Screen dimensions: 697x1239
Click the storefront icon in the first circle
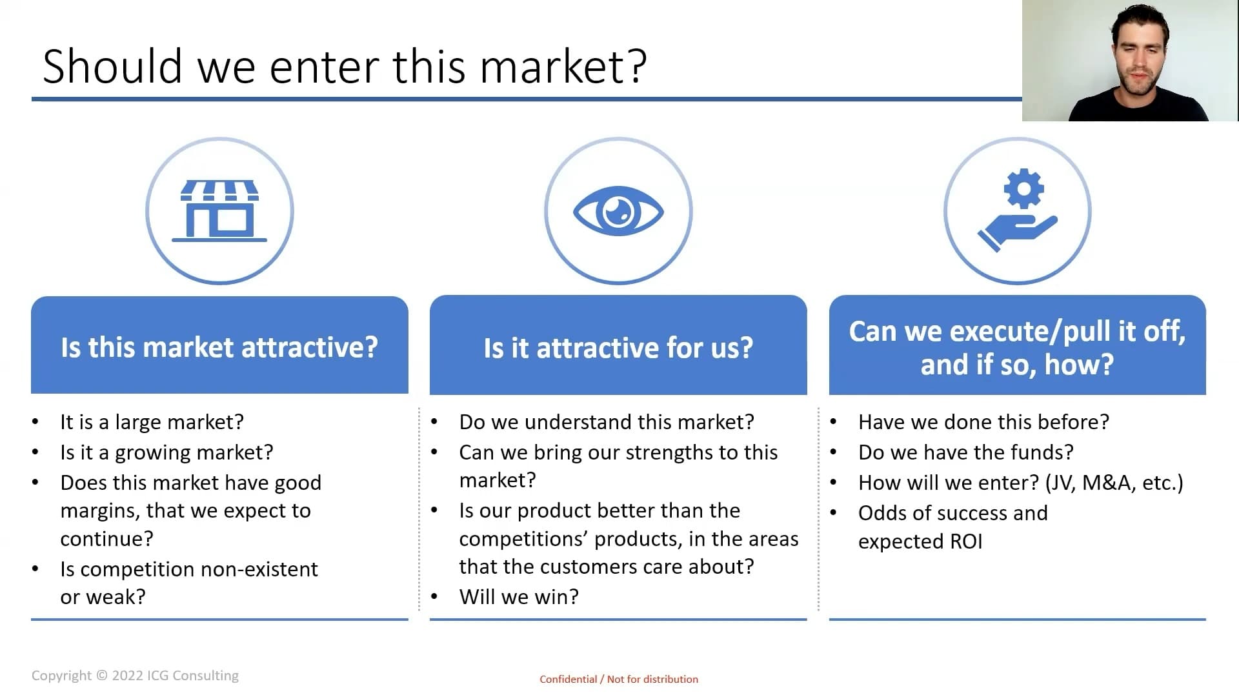219,211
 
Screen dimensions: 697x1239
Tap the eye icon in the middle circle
618,211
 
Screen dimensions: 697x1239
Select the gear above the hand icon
1023,188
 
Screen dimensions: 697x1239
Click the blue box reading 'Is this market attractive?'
219,346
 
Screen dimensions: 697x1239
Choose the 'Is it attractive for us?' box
618,347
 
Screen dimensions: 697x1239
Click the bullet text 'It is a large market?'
152,422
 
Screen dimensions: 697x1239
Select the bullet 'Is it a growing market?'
166,452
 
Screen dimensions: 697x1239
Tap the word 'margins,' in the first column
100,510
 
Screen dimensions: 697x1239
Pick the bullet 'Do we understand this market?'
606,422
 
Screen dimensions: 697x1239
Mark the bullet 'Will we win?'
519,597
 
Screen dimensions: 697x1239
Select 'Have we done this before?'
983,422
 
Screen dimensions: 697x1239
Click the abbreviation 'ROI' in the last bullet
966,541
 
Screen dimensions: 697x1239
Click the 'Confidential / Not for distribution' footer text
618,679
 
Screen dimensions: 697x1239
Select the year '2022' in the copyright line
127,676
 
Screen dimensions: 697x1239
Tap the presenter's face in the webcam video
1139,58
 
